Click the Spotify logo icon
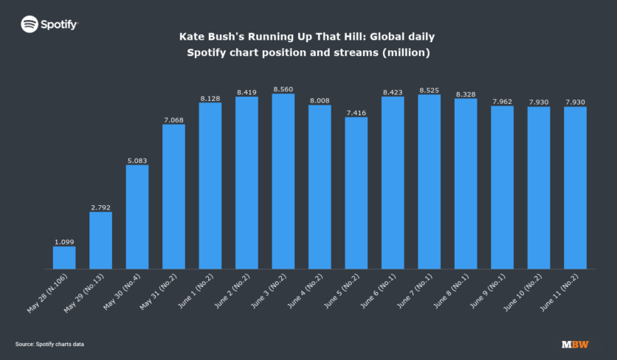[x=30, y=24]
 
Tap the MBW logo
[x=575, y=345]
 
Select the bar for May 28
[x=64, y=257]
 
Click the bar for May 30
[x=137, y=217]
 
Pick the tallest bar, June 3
[x=283, y=181]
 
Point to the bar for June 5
[x=356, y=193]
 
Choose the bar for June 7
[x=430, y=181]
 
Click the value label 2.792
[x=100, y=208]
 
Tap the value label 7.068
[x=173, y=120]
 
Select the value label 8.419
[x=247, y=92]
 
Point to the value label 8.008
[x=320, y=101]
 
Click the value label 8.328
[x=466, y=94]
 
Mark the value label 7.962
[x=503, y=102]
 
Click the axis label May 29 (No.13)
[x=84, y=293]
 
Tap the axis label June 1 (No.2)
[x=196, y=291]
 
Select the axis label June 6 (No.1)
[x=378, y=291]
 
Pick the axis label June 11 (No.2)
[x=559, y=293]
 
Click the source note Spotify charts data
[x=60, y=345]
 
